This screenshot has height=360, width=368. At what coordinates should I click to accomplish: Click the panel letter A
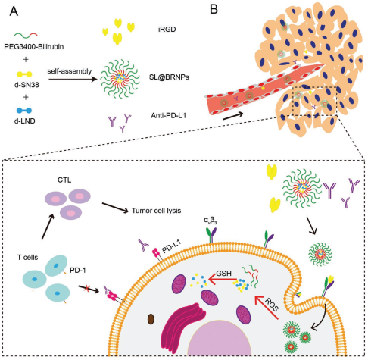tap(14, 11)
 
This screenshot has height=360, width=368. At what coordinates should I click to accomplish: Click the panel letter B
tap(214, 9)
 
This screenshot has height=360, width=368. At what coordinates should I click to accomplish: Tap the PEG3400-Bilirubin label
tap(34, 47)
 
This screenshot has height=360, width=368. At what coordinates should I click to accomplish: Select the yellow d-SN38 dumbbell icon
tap(24, 74)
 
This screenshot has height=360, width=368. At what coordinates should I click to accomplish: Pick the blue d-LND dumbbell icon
tap(24, 111)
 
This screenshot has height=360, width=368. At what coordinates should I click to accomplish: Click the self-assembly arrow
tap(73, 79)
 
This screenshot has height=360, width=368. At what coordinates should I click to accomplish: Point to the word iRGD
tap(167, 30)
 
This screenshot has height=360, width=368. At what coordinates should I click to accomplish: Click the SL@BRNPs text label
tap(169, 77)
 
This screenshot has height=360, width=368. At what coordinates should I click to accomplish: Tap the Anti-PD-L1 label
tap(168, 116)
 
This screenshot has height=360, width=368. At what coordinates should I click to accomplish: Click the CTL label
tap(64, 180)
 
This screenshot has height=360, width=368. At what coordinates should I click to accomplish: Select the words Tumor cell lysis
tap(156, 211)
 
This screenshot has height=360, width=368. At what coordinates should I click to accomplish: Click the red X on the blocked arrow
tap(87, 287)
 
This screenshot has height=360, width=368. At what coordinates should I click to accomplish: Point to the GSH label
tap(223, 274)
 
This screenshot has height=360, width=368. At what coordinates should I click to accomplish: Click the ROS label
tap(272, 305)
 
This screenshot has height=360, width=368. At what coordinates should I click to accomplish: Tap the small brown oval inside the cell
tap(151, 319)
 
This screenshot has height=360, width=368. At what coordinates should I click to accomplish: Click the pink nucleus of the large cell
tap(220, 339)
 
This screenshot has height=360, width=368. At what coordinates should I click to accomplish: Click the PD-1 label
tap(78, 271)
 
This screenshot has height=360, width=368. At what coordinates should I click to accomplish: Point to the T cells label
tap(27, 258)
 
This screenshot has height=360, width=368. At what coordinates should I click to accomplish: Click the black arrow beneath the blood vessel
tap(232, 116)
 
